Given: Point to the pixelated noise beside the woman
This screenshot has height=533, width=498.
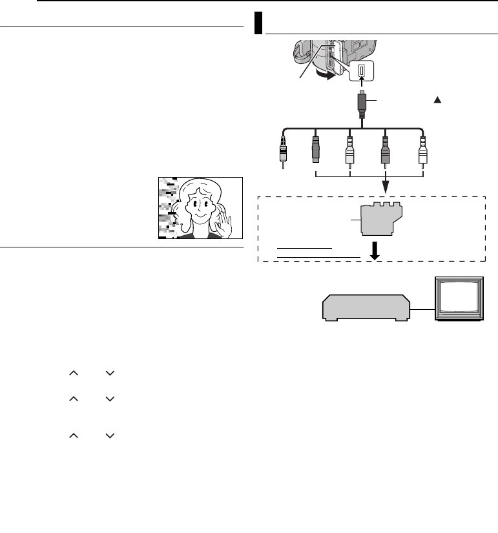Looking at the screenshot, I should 168,207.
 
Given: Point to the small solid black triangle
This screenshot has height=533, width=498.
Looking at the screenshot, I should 437,101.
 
